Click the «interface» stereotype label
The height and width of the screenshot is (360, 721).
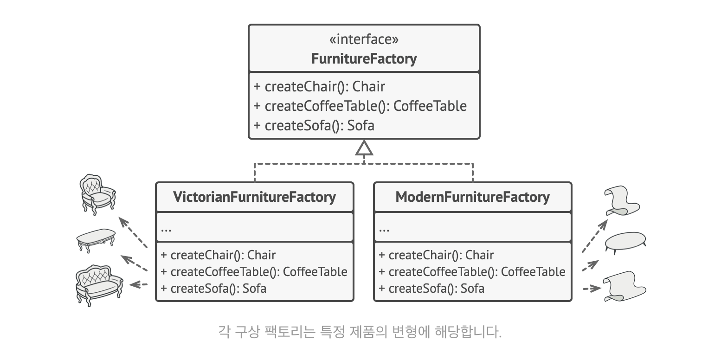pyautogui.click(x=364, y=40)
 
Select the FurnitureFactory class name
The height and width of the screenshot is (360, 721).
pyautogui.click(x=364, y=59)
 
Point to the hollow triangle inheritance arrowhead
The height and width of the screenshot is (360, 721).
pyautogui.click(x=364, y=148)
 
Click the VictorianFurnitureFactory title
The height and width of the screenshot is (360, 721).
pyautogui.click(x=254, y=197)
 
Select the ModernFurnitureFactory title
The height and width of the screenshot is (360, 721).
pyautogui.click(x=472, y=197)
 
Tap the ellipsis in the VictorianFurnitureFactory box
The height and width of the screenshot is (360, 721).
pyautogui.click(x=167, y=228)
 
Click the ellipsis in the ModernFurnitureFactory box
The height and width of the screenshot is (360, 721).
pyautogui.click(x=384, y=228)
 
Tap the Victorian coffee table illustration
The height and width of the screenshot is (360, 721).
pyautogui.click(x=96, y=239)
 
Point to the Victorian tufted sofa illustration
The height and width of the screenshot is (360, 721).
pyautogui.click(x=99, y=283)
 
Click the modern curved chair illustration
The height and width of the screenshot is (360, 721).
pyautogui.click(x=622, y=201)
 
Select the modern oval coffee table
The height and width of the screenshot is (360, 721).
pyautogui.click(x=626, y=242)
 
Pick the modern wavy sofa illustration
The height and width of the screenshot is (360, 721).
pyautogui.click(x=624, y=285)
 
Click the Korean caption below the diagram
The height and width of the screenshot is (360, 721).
pyautogui.click(x=360, y=332)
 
